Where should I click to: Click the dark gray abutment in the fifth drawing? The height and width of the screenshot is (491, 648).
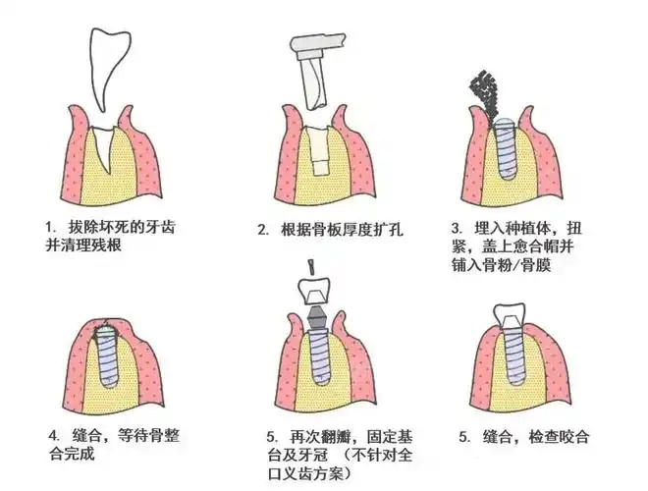(317, 317)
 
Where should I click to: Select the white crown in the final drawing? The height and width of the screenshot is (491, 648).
(509, 317)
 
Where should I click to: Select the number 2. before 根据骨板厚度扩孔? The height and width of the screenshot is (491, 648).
(263, 231)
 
